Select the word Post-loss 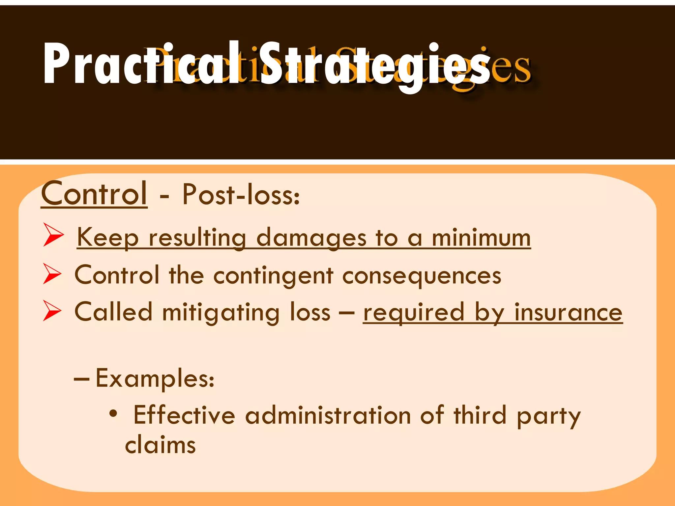tap(241, 194)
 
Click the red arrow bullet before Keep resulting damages tap(53, 235)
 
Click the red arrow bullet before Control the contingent tap(52, 274)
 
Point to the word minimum tap(481, 238)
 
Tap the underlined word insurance tap(568, 312)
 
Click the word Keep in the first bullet tap(108, 238)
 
